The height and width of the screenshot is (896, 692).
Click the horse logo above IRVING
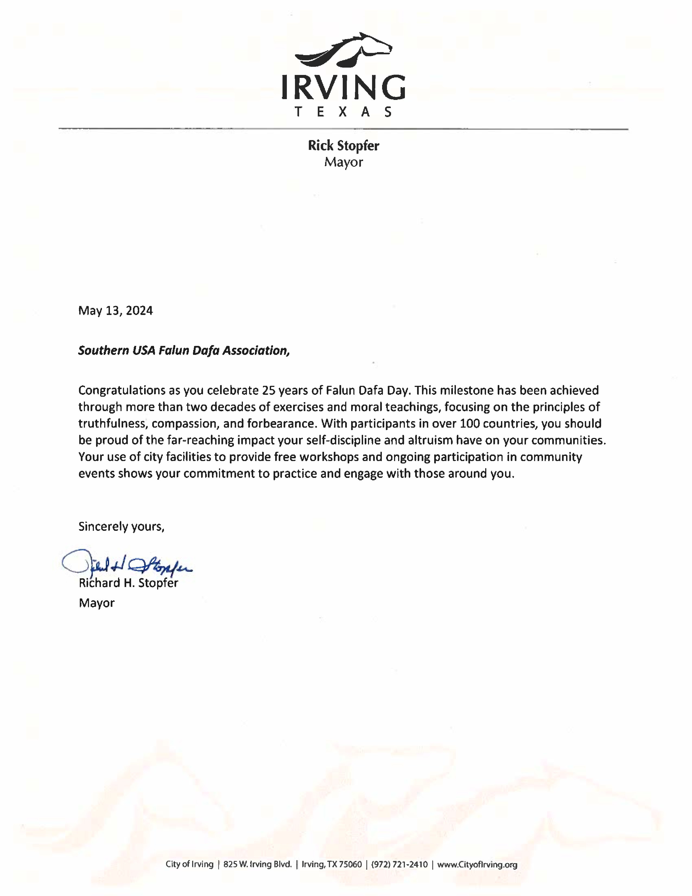tap(344, 50)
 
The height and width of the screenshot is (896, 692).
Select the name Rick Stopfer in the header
tap(344, 146)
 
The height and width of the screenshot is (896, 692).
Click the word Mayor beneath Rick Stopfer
tap(344, 162)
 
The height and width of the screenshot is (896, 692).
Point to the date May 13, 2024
tap(116, 311)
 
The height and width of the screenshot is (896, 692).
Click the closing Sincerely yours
tap(121, 526)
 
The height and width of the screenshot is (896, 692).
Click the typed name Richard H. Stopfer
tap(128, 583)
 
